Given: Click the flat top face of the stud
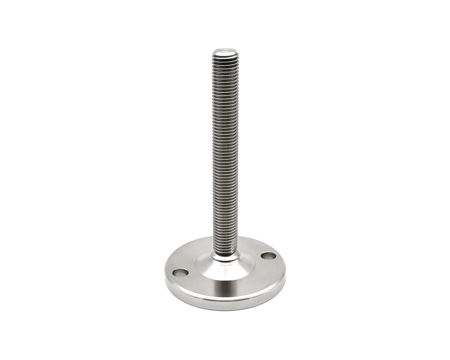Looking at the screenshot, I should (225, 51).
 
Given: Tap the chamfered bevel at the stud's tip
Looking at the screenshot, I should (225, 54).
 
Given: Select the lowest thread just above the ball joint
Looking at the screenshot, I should (225, 249).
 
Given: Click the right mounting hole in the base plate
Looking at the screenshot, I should (268, 256).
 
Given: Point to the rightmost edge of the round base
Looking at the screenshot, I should (285, 276).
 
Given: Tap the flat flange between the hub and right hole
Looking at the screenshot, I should (259, 268).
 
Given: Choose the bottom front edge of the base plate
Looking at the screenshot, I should (225, 310).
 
